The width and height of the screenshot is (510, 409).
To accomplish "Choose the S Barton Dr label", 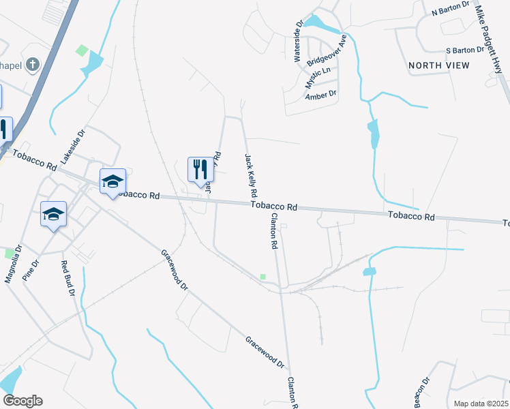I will [x=468, y=50].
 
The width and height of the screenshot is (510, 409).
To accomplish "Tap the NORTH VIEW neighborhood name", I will [x=439, y=65].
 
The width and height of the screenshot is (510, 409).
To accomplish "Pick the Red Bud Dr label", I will [x=67, y=279].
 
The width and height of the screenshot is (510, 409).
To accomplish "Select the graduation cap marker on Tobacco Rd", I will [x=112, y=181].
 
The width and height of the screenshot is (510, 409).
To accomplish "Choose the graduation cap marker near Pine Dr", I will [x=53, y=215].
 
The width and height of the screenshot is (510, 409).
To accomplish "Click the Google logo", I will [x=22, y=401].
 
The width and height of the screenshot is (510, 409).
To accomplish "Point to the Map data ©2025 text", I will [x=481, y=404].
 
